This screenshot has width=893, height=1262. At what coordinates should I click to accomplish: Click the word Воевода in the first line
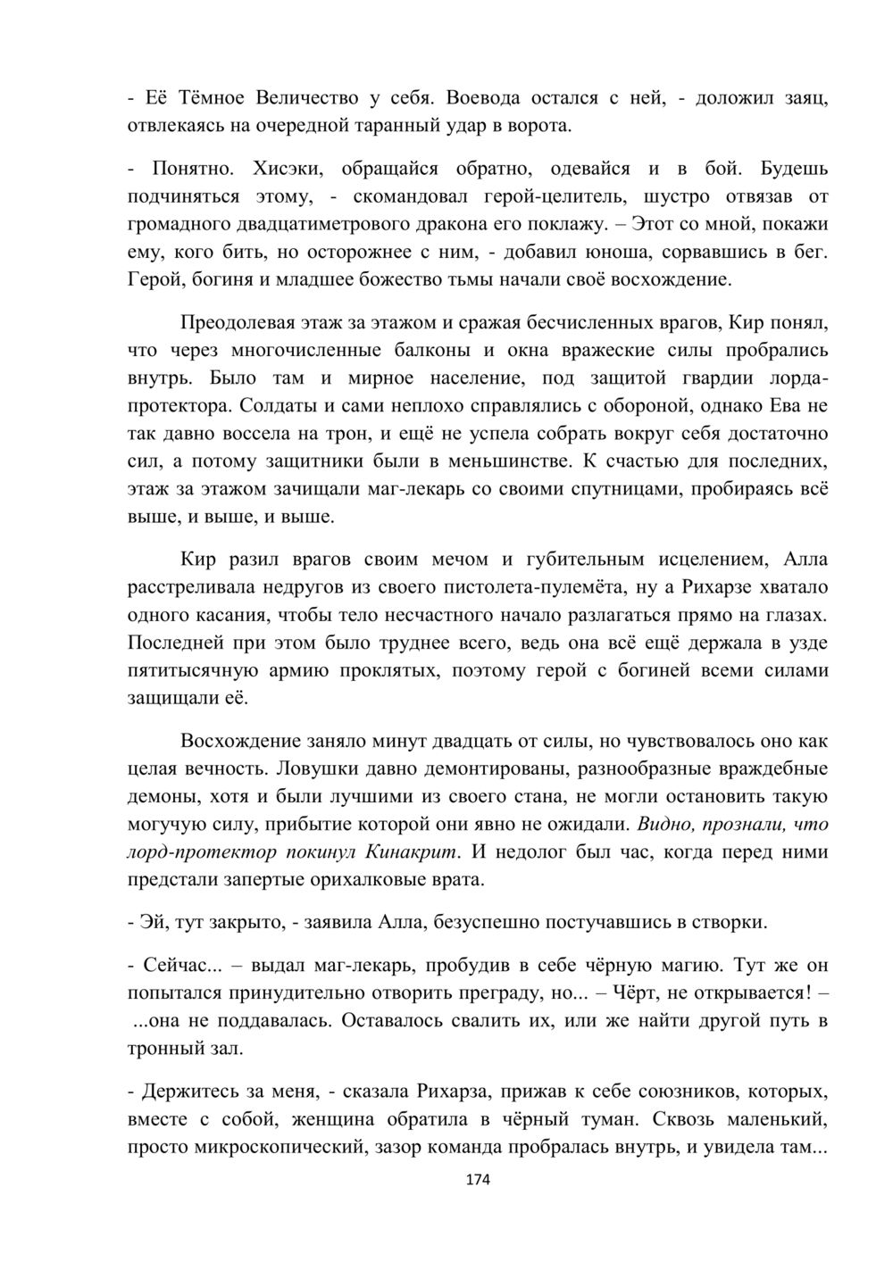coord(485,97)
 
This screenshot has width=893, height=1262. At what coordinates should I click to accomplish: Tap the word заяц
coord(800,97)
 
